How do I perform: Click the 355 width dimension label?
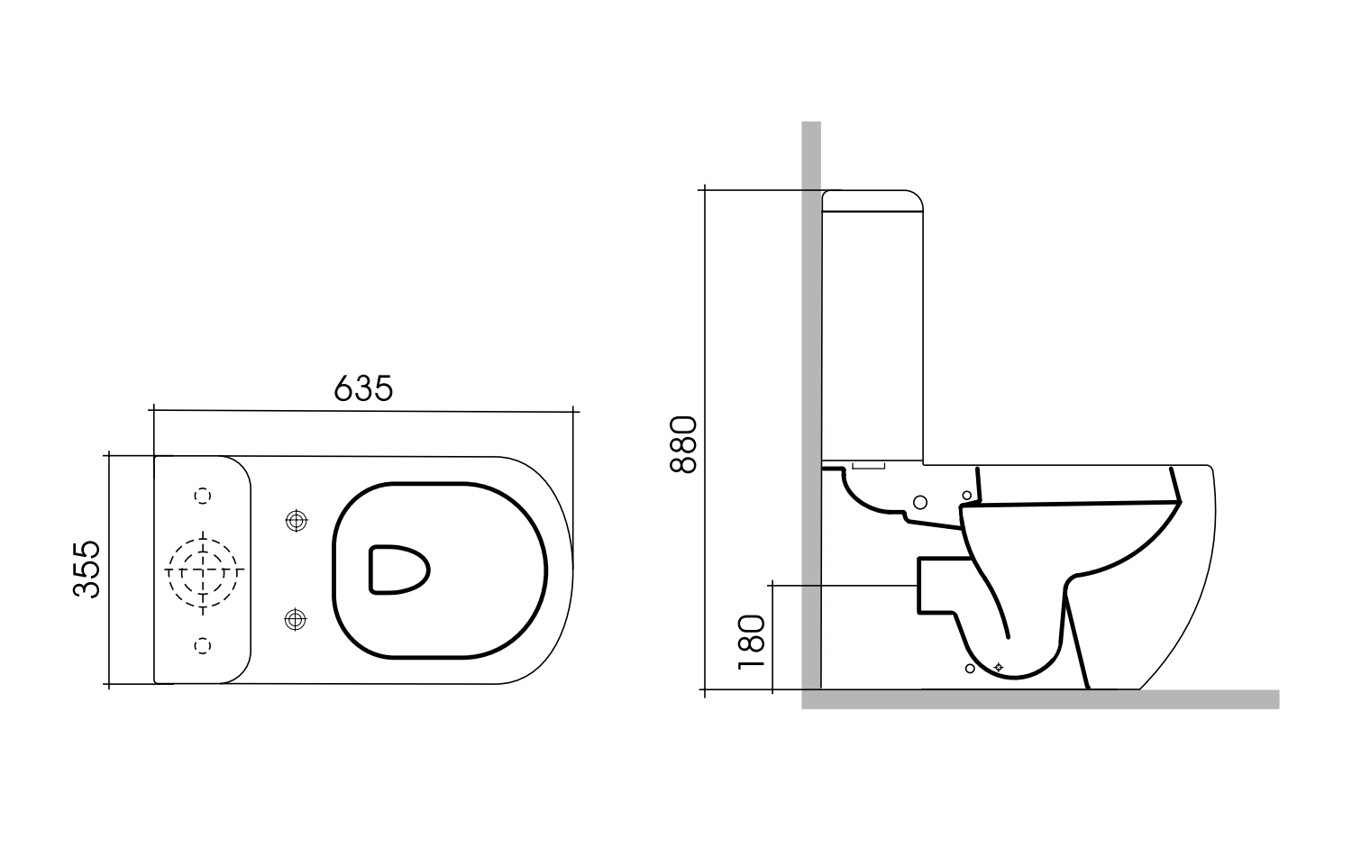tap(87, 569)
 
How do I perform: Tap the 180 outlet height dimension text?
tap(751, 641)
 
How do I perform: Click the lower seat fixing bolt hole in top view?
tap(295, 619)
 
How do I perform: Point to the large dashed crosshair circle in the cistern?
tap(203, 570)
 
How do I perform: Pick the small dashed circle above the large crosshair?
tap(203, 495)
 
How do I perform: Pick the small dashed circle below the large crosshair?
tap(203, 644)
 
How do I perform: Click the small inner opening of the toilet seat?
tap(397, 570)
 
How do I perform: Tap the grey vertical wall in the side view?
tap(811, 360)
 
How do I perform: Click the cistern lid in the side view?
tap(872, 200)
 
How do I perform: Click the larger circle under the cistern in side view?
tap(920, 501)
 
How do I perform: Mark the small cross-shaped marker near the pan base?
tap(998, 667)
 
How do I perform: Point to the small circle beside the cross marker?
tap(970, 668)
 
